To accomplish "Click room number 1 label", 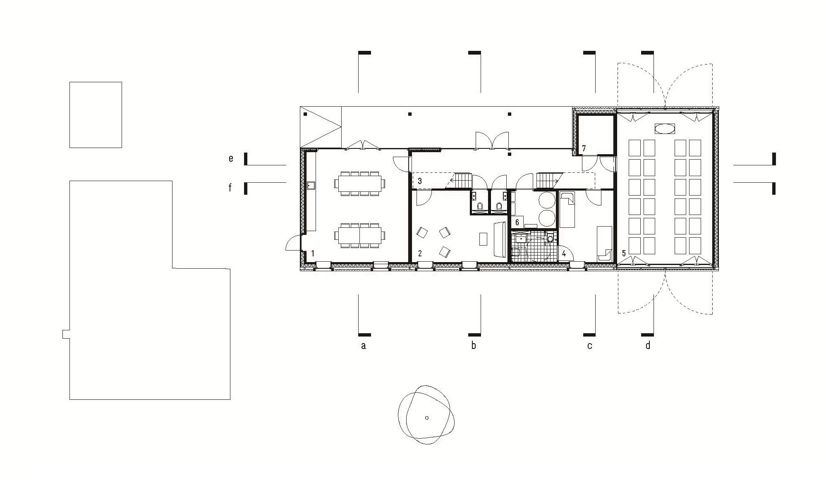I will coord(313,253).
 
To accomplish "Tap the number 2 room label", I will coord(420,253).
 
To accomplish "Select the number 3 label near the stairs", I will coord(420,181).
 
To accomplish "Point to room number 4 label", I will coord(564,253).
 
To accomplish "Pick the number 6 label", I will coord(517,222).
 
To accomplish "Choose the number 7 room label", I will coord(584,148).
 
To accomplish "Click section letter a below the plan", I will coord(363,346).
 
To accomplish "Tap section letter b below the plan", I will coord(474,345).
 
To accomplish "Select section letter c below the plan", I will coord(590,346).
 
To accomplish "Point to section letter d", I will coord(648,345).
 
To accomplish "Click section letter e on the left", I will coord(231,158).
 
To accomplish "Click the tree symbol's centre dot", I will coord(427,418).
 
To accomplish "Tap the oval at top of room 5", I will coord(664,129).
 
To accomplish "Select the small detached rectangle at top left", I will coord(96,115).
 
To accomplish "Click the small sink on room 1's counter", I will coord(311,186).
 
